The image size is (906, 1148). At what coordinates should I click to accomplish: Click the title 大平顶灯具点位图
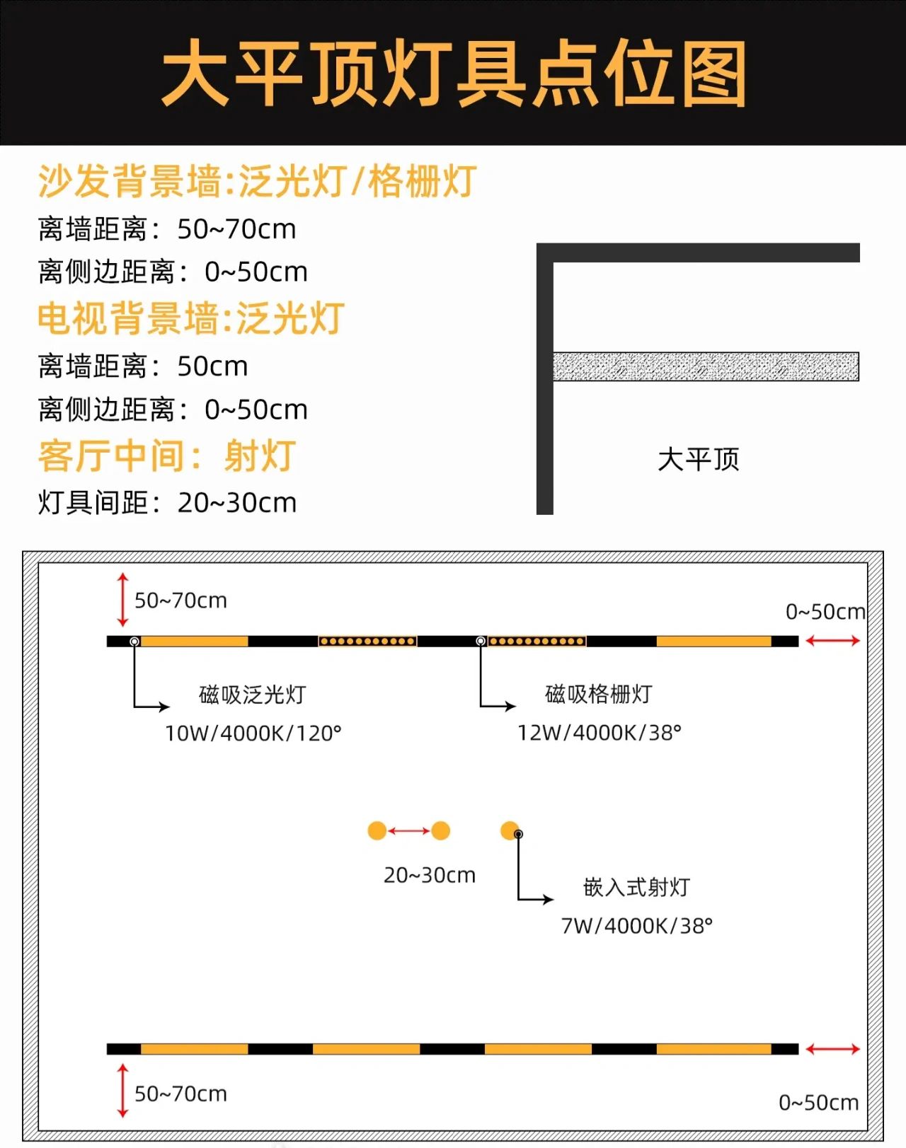tap(453, 73)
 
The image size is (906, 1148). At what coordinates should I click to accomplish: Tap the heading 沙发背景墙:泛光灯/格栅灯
tap(258, 181)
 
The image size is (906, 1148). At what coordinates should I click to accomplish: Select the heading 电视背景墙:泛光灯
tap(191, 318)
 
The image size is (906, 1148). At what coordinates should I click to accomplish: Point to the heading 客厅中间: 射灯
tap(166, 456)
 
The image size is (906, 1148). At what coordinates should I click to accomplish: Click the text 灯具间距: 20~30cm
tap(167, 502)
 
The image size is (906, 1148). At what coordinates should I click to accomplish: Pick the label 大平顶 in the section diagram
tap(699, 459)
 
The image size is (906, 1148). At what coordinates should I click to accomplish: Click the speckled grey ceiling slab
tap(706, 366)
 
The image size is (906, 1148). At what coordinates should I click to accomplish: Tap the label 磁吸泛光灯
tap(253, 695)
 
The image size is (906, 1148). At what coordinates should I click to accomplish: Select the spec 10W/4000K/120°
tap(253, 734)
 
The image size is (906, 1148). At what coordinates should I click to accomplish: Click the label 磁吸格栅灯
tap(599, 694)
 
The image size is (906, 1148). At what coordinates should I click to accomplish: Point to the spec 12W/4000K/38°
tap(600, 733)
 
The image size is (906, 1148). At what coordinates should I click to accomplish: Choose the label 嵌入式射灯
tap(636, 888)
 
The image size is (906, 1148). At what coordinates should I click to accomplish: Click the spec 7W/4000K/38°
tap(637, 927)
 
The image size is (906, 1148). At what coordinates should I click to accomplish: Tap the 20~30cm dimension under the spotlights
tap(430, 875)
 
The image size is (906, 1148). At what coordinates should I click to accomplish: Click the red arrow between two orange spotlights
tap(409, 830)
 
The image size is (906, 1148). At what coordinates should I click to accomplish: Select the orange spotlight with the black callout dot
tap(510, 830)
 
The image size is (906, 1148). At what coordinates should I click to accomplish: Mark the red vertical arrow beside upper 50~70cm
tap(122, 600)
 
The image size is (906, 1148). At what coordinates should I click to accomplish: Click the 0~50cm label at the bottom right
tap(819, 1102)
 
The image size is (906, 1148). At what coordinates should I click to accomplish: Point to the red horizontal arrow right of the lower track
tap(833, 1049)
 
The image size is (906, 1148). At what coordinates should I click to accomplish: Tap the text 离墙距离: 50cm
tap(143, 366)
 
